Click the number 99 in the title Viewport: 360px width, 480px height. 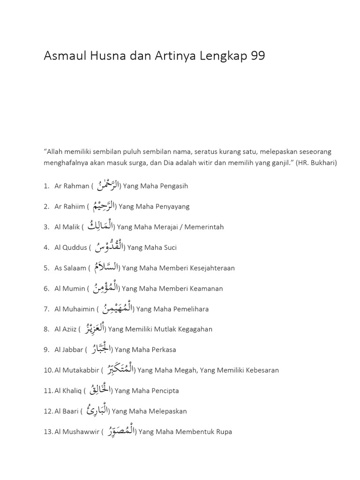pos(258,56)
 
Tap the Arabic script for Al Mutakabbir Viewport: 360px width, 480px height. pos(119,369)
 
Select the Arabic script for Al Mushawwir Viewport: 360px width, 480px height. pos(120,431)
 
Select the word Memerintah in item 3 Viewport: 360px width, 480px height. pos(204,227)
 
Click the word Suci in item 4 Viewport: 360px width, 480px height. pos(169,247)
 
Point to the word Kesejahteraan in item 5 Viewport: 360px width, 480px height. pos(212,268)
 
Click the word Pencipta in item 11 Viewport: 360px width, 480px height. pos(163,390)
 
